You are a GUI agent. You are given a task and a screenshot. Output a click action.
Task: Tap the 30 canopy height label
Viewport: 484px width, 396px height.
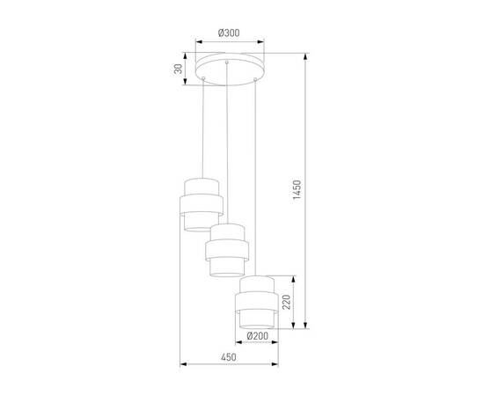[x=178, y=70]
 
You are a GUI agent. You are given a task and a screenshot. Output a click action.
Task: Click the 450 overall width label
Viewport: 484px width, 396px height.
[x=227, y=357]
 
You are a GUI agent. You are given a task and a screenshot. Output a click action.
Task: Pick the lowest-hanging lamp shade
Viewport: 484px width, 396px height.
[x=257, y=300]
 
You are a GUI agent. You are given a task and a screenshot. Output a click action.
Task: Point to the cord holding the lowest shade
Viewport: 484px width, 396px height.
[x=256, y=176]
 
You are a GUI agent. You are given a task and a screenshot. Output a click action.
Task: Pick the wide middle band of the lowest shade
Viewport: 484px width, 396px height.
[x=257, y=302]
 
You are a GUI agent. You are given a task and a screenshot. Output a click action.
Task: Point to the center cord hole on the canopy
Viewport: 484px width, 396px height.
[x=228, y=64]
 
